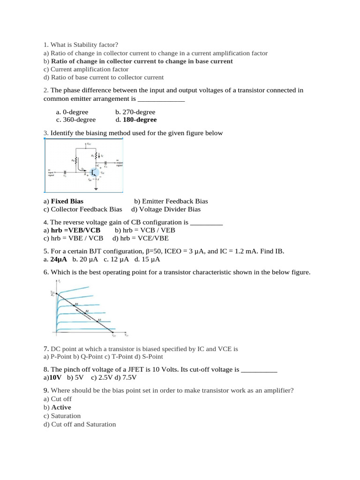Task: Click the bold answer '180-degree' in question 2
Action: (x=140, y=120)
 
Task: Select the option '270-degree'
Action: (x=139, y=112)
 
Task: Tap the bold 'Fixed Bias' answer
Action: (x=67, y=201)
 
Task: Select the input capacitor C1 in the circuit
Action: (x=65, y=172)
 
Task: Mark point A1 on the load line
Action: (x=76, y=305)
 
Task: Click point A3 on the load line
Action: (x=99, y=321)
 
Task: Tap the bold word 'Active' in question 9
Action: (x=61, y=407)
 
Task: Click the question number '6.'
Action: (x=45, y=272)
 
